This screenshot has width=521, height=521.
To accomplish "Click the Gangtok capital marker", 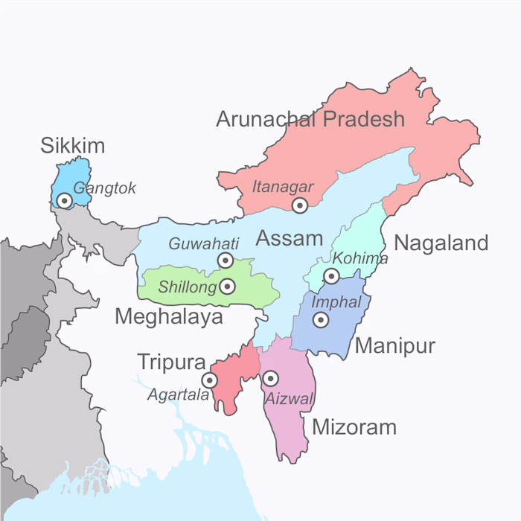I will (x=65, y=200).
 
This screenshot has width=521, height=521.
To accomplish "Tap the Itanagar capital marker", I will (x=299, y=205).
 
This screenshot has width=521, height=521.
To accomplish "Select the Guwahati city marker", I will (x=225, y=260).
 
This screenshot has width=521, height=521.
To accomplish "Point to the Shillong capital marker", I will (x=228, y=287).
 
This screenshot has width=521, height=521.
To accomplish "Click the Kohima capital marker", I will (x=331, y=276).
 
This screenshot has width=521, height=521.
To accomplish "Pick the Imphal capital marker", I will (x=320, y=320).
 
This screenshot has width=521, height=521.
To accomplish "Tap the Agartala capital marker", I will (x=210, y=380).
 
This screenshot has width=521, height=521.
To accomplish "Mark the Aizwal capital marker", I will (x=270, y=378).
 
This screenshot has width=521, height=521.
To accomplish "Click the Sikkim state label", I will (x=72, y=145).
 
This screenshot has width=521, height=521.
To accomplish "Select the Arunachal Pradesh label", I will (x=310, y=118).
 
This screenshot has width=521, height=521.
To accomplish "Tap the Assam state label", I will (x=290, y=238).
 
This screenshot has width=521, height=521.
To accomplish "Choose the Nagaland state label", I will (x=441, y=243).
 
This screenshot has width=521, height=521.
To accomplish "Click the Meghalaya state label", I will (x=169, y=317).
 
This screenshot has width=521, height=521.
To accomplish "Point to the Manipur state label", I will (x=394, y=345).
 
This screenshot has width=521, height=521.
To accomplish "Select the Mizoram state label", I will (x=354, y=427).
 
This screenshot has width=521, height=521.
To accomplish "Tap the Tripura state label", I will (x=171, y=362).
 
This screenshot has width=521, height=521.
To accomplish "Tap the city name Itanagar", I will (x=283, y=187).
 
